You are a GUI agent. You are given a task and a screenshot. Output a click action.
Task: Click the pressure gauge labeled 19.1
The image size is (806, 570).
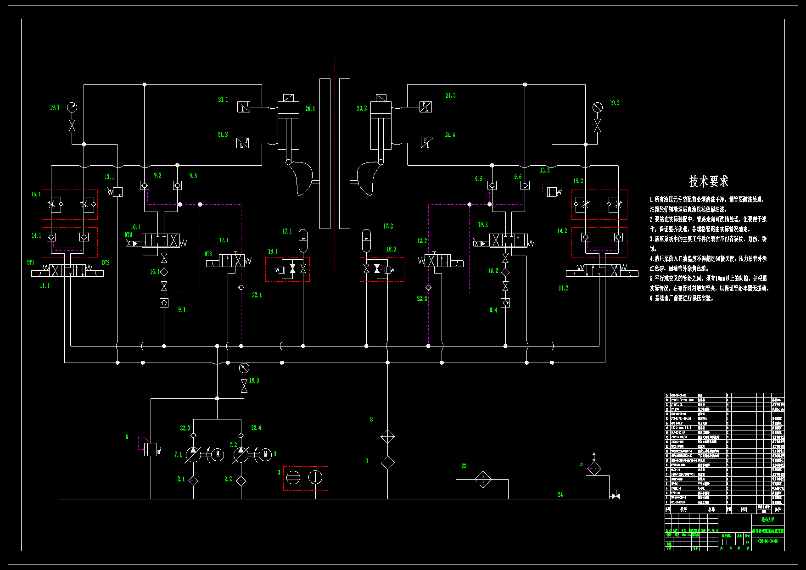72,107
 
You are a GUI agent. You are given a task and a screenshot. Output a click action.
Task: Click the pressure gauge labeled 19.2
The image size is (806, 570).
597,107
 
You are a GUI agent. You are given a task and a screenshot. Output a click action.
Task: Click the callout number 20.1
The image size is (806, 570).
310,109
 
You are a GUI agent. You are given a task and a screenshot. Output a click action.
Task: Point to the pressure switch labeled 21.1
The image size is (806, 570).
244,107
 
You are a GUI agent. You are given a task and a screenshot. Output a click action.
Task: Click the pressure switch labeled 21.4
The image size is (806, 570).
427,143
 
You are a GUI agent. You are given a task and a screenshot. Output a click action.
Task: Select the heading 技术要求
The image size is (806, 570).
709,181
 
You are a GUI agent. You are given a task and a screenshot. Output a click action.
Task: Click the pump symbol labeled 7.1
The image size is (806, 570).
193,455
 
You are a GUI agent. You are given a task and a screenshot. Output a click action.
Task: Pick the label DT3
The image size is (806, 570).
208,254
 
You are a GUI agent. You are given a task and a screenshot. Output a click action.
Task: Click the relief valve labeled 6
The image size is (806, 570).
150,449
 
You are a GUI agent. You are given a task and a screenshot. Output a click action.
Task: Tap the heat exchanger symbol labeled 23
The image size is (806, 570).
483,480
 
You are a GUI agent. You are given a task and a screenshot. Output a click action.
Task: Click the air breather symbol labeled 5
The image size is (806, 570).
594,468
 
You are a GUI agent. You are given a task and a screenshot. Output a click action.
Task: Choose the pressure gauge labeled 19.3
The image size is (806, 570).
244,368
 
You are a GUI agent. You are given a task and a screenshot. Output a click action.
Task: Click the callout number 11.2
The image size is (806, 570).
563,288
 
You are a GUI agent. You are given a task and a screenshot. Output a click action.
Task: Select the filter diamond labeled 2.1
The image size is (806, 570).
193,481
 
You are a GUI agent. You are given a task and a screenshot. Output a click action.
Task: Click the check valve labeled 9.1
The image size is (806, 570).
164,303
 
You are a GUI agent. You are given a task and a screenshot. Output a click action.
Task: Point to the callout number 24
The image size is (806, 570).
560,494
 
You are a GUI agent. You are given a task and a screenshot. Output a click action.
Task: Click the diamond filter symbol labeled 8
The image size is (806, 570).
388,436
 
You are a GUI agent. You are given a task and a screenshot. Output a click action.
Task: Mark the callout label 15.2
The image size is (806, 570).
578,181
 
